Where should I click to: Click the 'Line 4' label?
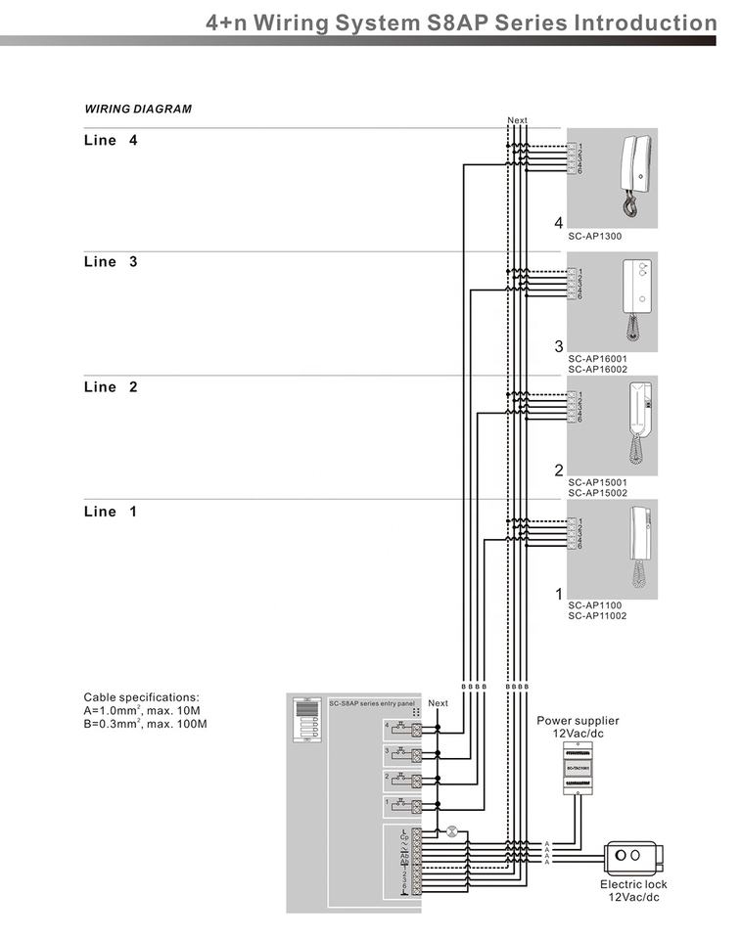tap(111, 140)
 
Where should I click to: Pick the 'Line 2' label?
tap(111, 387)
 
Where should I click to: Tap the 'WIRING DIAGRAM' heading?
tap(137, 109)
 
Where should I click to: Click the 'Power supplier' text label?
tap(578, 721)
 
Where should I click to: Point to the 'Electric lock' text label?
tap(633, 884)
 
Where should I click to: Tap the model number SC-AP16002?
tap(597, 369)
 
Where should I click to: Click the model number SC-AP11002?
tap(597, 616)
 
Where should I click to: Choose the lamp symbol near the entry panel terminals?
tap(451, 831)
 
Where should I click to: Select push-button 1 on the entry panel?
tap(400, 806)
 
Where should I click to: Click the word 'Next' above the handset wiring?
tap(517, 120)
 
